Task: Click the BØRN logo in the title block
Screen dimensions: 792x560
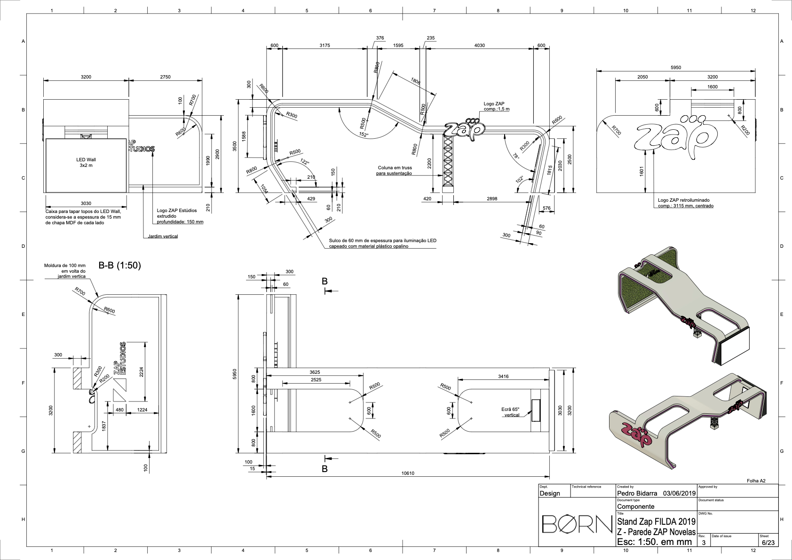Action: (x=577, y=524)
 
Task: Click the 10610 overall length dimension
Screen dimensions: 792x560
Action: (x=408, y=473)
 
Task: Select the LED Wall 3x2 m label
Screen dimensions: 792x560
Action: (x=86, y=162)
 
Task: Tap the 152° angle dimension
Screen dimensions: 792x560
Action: (x=364, y=134)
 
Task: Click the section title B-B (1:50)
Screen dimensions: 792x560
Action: (x=119, y=265)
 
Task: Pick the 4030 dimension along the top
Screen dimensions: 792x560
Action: (x=479, y=45)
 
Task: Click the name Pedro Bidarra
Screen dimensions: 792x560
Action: (x=637, y=493)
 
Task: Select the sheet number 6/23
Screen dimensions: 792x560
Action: (x=768, y=542)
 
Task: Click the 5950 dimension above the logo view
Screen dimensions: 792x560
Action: (x=676, y=67)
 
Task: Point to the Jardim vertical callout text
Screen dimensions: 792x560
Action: (x=163, y=236)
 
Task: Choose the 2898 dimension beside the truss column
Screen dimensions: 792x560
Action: (x=492, y=199)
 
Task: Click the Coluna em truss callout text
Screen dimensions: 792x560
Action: (x=395, y=170)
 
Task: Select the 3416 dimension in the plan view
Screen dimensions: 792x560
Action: (x=503, y=377)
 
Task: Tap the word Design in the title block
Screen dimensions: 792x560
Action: (x=550, y=494)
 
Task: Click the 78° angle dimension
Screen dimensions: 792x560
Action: (x=516, y=156)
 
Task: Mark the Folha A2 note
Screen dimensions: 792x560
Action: (x=756, y=481)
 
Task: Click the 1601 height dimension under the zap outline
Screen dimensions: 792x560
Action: (x=642, y=171)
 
